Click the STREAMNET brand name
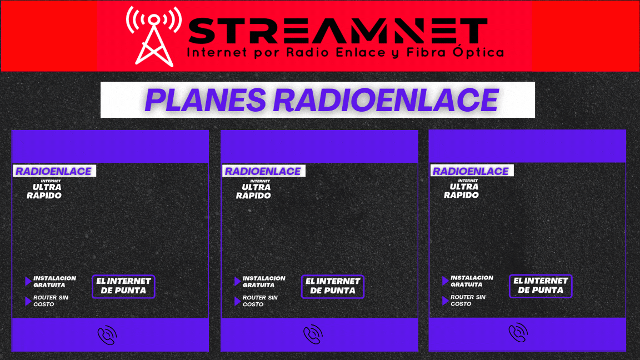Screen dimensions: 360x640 coord(338,31)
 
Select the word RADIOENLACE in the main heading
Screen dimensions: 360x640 coord(386,100)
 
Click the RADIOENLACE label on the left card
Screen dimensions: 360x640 coord(54,171)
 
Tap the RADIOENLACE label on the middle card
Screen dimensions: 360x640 coord(263,171)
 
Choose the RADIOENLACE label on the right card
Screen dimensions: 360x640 coord(471,171)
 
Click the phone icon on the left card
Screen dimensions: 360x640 coord(107,336)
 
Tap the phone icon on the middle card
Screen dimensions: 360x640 coord(313,334)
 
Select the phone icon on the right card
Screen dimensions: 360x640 coord(518,333)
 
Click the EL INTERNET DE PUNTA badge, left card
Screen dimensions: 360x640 coord(123,286)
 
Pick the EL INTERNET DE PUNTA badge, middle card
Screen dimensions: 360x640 coord(332,286)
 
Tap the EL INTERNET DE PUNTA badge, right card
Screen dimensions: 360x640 coord(540,286)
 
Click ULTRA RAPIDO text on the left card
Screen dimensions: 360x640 coord(45,191)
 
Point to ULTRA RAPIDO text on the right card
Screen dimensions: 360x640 coord(462,191)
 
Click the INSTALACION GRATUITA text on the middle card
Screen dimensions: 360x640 coord(264,282)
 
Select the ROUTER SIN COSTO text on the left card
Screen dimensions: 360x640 coord(51,301)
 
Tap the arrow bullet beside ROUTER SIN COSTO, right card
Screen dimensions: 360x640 coord(445,301)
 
